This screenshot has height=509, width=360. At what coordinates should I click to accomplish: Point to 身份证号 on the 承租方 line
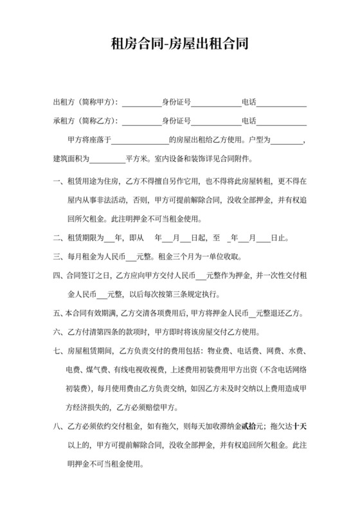coord(176,121)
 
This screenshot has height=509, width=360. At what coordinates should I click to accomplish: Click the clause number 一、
coord(58,182)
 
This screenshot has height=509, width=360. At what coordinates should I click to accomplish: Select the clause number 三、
coord(58,257)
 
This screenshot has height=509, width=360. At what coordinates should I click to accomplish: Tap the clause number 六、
coord(58,332)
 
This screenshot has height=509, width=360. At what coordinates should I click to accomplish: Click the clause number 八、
coord(58,426)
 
